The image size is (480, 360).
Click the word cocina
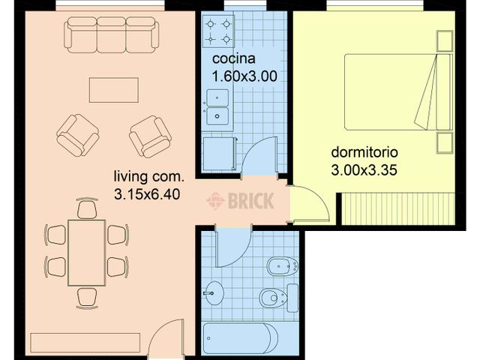(233, 58)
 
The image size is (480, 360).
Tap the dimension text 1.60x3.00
(244, 76)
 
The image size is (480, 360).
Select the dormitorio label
(364, 152)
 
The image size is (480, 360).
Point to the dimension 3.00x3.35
(364, 170)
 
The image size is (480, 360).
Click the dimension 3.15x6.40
(147, 194)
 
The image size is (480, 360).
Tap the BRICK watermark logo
(240, 201)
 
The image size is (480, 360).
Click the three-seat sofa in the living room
(112, 35)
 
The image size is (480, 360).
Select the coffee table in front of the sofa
(114, 90)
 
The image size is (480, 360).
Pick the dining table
(87, 253)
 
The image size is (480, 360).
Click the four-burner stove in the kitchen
(218, 31)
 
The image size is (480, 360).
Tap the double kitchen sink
(217, 107)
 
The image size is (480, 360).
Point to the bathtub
(241, 338)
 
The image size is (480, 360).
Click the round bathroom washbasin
(214, 293)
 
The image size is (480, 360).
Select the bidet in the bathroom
(283, 266)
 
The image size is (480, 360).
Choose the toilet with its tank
(279, 297)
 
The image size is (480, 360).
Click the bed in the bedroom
(398, 92)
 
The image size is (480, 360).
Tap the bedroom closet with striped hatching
(398, 208)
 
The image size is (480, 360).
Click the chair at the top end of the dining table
(87, 208)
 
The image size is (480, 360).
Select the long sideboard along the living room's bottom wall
(85, 343)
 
